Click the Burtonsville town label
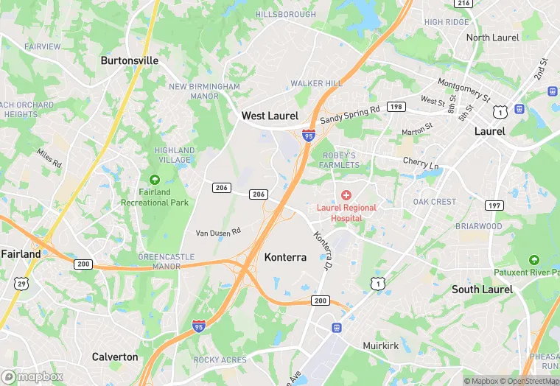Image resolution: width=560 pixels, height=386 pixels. pos(129,60)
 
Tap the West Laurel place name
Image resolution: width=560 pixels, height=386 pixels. pos(270,116)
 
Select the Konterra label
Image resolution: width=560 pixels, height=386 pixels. pos(285,257)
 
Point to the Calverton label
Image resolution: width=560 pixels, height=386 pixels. pos(115,357)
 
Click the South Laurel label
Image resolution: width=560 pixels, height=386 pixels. pos(482,289)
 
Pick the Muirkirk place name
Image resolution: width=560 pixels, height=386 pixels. pos(381,345)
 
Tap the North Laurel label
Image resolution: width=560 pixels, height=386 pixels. pos(492,38)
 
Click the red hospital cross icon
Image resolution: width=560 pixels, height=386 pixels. pos(346,194)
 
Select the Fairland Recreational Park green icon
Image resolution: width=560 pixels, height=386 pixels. pos(155,180)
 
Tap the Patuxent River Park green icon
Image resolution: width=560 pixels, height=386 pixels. pos(533,260)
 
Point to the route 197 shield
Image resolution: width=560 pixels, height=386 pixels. pos(494,205)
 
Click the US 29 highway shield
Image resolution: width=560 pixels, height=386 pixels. pos(21,282)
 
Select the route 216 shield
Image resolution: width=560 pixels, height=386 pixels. pos(463,4)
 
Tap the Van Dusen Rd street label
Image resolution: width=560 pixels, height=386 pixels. pos(218,232)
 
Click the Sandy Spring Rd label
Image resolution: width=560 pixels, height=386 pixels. pos(350,114)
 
